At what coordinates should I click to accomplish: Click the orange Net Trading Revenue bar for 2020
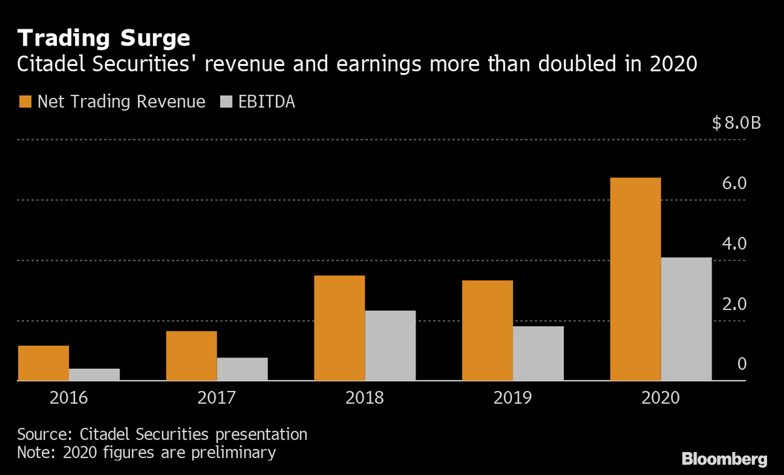click(635, 279)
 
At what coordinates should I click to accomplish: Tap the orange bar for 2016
click(44, 363)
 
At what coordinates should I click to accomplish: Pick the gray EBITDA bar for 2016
click(95, 375)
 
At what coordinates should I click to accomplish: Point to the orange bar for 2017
click(191, 356)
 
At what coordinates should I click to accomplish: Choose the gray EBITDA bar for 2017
click(242, 369)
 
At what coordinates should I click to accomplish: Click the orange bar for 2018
click(339, 328)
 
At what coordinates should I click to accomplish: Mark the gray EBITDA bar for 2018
click(390, 345)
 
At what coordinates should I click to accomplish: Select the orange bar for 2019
click(487, 330)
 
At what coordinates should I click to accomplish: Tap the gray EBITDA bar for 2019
click(538, 353)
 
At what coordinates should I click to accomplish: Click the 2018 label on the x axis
click(365, 397)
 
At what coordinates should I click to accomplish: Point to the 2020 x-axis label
click(661, 397)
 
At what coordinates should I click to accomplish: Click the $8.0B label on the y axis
click(736, 123)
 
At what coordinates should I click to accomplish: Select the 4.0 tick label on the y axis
click(734, 244)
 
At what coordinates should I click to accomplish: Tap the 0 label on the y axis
click(742, 364)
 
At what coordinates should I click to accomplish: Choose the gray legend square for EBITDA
click(226, 102)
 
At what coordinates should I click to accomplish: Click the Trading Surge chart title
click(104, 38)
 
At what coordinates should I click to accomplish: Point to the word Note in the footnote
click(34, 452)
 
